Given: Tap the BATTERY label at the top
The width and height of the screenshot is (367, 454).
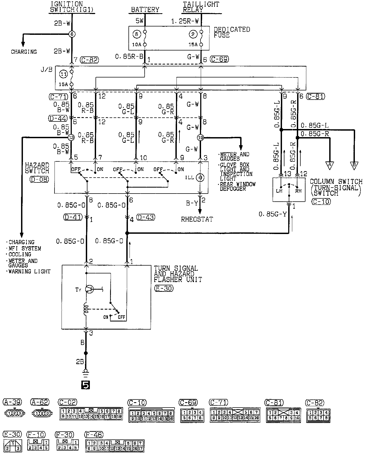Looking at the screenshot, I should pos(145,10).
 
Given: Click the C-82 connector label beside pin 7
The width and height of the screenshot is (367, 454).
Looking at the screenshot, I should pos(90,60).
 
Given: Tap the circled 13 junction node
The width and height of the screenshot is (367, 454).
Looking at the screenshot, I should pos(71,138).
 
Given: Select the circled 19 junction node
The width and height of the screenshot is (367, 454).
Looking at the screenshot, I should pos(200,138).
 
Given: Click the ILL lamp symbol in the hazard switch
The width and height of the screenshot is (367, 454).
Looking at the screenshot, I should pos(200,177).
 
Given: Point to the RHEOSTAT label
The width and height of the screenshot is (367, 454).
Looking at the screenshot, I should pos(197,219).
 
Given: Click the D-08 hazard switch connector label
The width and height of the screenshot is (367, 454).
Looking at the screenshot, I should pos(39,179).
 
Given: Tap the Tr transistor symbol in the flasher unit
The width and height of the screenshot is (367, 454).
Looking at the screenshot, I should pos(89,289).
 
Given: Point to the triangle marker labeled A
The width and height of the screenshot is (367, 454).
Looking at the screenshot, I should pos(329,165).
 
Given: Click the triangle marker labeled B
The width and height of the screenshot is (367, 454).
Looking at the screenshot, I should pos(354,165).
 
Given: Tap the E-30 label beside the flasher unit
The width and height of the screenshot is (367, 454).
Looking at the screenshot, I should pos(164,288).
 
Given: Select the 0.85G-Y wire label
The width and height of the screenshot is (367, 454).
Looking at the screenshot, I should pos(272,214).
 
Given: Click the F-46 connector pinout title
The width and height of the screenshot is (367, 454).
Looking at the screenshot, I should pos(94,435).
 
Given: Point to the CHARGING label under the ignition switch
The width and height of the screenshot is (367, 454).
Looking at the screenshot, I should pos(24,52).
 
